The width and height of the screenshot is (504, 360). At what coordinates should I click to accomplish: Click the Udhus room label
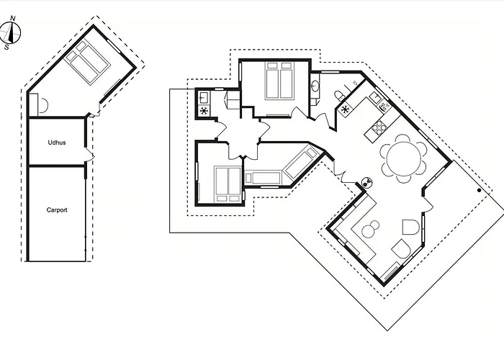(57, 143)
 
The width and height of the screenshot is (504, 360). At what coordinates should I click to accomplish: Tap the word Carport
(57, 210)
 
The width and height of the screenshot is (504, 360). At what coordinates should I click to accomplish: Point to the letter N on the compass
(13, 18)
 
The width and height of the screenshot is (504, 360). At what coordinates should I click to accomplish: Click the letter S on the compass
(6, 48)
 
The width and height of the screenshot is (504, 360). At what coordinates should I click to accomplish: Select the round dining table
(404, 158)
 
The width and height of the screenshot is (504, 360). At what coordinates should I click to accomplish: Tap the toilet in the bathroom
(339, 96)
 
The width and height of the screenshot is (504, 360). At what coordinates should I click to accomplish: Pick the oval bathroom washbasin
(315, 86)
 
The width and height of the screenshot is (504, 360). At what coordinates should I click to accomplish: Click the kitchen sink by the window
(375, 96)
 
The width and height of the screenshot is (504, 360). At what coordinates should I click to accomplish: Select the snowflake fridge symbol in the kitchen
(345, 109)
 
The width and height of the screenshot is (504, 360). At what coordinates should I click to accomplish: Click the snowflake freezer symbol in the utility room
(204, 111)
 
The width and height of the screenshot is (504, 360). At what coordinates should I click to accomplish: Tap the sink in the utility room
(204, 97)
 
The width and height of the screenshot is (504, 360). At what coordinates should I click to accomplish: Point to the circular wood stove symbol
(366, 183)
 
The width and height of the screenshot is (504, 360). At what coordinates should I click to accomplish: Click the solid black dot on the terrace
(480, 190)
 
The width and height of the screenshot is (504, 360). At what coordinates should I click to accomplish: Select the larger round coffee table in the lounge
(369, 231)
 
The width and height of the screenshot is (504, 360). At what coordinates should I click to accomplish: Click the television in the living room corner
(391, 271)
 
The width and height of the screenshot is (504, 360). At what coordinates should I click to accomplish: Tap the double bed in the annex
(87, 63)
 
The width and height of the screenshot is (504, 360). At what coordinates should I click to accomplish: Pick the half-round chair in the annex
(42, 104)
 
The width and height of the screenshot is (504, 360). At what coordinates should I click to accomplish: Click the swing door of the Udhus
(89, 156)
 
